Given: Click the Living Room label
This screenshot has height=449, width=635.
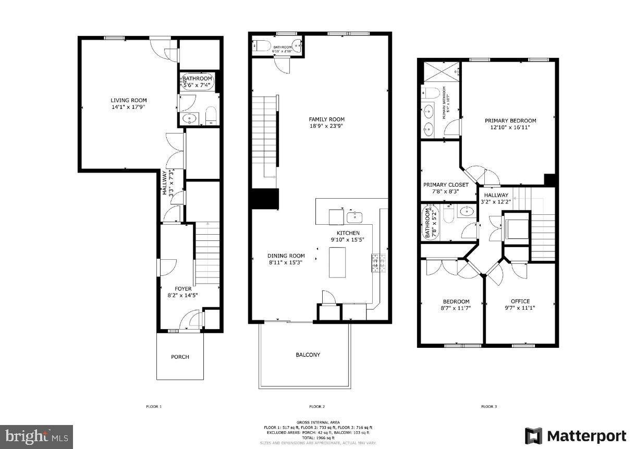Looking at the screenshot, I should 128,100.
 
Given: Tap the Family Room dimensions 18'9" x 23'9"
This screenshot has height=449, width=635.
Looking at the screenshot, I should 326,126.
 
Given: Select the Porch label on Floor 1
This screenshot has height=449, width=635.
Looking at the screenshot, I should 180,357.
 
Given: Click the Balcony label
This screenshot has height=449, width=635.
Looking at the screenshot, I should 308,355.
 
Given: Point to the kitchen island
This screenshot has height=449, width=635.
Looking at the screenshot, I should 338,262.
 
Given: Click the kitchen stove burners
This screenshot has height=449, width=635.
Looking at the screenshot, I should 378,263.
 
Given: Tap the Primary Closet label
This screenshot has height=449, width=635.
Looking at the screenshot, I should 446,185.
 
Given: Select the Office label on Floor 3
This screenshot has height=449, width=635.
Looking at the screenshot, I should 520,301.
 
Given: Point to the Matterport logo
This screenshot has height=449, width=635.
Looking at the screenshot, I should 575,436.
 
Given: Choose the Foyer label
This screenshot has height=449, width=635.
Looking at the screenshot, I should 182,288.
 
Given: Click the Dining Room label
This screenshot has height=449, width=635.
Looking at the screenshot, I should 286,256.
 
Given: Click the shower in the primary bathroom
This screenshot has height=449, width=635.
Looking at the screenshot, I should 441,72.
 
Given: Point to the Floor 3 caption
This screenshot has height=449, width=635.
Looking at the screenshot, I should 489,406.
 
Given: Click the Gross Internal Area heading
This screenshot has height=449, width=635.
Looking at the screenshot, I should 317,422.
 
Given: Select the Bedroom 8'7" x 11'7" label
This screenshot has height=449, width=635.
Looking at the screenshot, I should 456,301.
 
